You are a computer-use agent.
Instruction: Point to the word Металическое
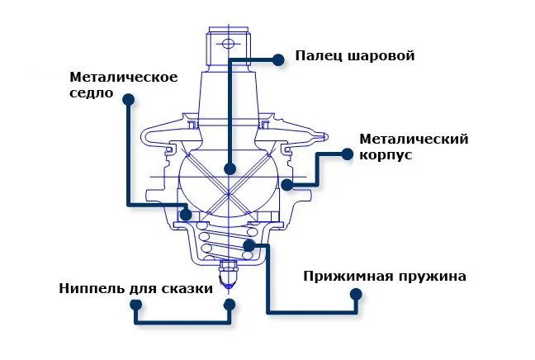[124, 77]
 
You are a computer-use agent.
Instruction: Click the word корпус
[386, 154]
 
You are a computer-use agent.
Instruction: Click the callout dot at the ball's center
[230, 168]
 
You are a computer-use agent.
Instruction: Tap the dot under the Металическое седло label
[128, 99]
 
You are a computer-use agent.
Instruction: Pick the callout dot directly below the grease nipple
[230, 304]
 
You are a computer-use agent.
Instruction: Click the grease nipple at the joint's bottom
[230, 272]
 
